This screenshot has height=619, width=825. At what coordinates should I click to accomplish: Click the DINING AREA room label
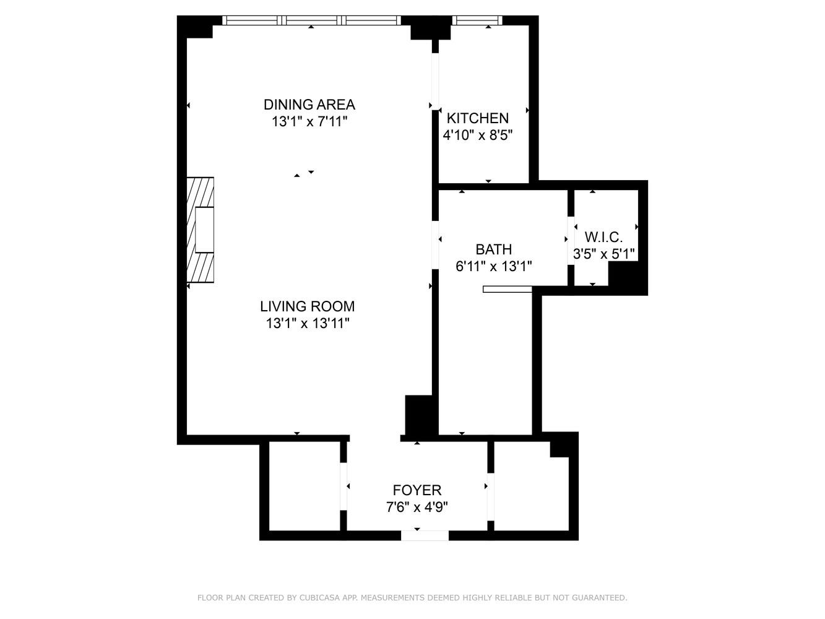[309, 104]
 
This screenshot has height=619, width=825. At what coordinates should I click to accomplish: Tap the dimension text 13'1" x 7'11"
[309, 121]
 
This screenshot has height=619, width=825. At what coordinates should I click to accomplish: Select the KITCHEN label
[478, 118]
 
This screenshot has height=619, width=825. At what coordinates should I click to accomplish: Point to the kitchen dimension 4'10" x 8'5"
[478, 135]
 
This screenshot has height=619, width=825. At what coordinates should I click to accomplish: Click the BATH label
[493, 249]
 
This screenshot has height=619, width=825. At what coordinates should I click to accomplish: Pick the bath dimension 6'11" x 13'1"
[493, 266]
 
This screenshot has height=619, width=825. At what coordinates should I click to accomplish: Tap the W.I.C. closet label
[603, 237]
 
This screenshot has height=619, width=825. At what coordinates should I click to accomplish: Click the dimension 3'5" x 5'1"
[603, 254]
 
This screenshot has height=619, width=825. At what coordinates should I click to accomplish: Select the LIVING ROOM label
[307, 306]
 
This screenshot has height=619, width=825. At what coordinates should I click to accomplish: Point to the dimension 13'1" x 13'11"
[307, 322]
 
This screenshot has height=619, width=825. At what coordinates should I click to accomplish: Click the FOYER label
[417, 490]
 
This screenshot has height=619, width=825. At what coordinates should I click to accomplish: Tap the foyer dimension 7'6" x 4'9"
[417, 507]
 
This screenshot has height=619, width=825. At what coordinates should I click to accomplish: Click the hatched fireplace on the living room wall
[201, 230]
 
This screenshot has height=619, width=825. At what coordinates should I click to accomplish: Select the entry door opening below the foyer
[425, 535]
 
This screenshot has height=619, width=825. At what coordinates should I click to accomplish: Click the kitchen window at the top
[477, 20]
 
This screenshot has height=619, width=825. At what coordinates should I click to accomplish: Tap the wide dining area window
[311, 20]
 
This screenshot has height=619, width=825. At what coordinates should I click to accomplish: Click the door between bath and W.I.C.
[571, 239]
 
